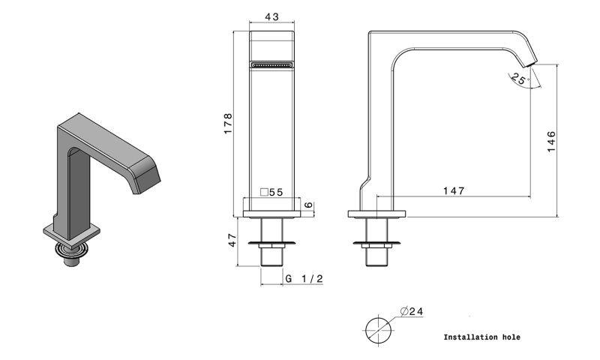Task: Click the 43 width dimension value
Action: coord(271,16)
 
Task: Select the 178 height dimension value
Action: coord(228,123)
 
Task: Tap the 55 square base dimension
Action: coord(271,192)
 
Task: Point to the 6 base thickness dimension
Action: coord(308,205)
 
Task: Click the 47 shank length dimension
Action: coord(232,240)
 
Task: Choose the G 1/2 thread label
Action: coord(304,278)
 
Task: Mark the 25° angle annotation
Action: coord(520,79)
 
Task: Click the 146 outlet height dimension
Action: coord(551,142)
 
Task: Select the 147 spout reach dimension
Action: coord(454,190)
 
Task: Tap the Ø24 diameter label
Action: coord(412,311)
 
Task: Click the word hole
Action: coord(511,337)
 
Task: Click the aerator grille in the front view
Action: coord(271,64)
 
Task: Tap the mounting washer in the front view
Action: coord(271,243)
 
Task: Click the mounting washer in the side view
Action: coord(377,243)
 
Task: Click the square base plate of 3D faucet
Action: coord(72,234)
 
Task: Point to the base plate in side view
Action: coord(377,214)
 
